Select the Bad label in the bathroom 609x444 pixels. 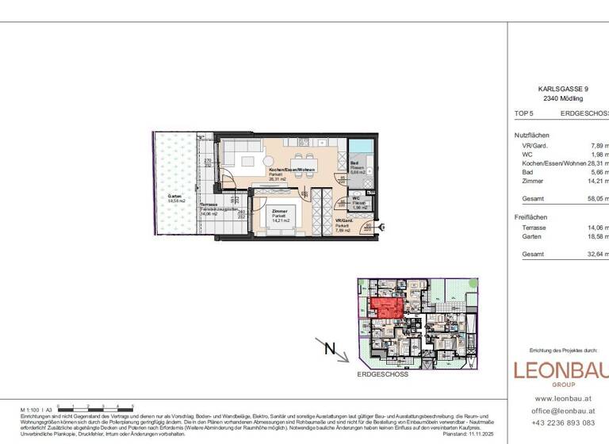click(x=354, y=163)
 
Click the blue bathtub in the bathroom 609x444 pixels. click(x=360, y=146)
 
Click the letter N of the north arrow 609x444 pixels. click(x=330, y=346)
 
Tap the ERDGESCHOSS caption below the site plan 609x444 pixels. click(x=383, y=373)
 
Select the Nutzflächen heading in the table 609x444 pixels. click(x=531, y=136)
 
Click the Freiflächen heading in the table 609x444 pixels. click(x=531, y=216)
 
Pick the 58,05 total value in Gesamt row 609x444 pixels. click(x=596, y=200)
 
